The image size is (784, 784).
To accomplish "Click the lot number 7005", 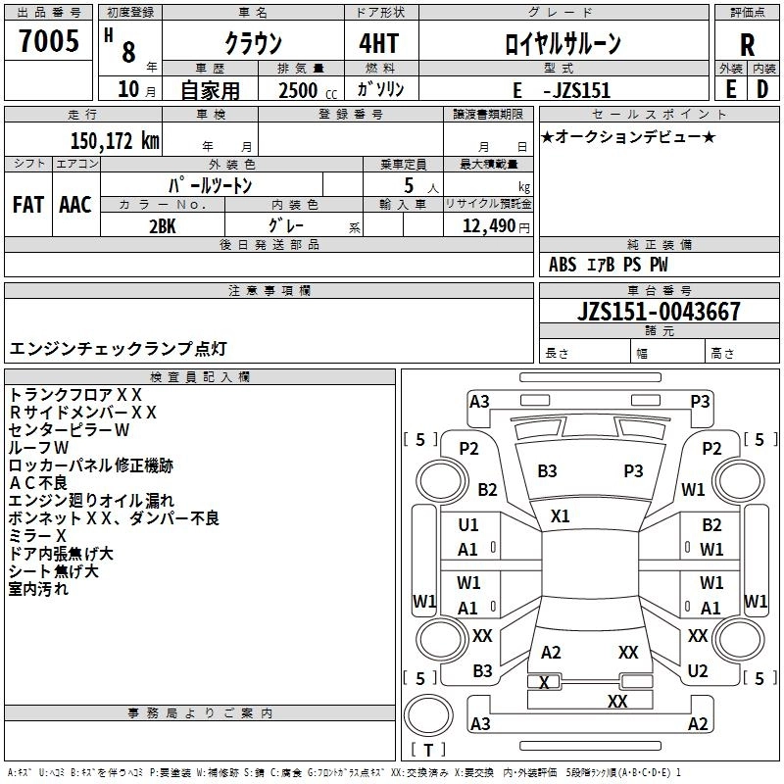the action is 49,44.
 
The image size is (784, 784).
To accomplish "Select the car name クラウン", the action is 253,44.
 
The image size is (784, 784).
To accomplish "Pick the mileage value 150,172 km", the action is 114,141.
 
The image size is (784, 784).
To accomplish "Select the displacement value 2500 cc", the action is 301,89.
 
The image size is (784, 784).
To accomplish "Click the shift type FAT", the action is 27,205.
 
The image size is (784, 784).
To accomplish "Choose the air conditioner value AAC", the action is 75,205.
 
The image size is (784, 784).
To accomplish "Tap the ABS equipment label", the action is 563,265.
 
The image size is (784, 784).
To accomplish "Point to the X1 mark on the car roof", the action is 561,514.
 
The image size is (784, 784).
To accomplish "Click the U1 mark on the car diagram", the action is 468,525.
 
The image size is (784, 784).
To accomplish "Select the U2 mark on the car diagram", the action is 697,671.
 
